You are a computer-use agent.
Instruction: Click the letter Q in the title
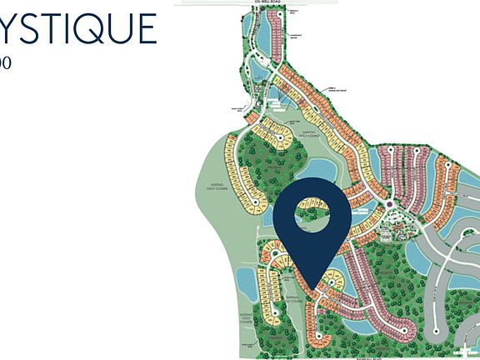(x=93, y=30)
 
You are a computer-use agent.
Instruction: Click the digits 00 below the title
(x=5, y=62)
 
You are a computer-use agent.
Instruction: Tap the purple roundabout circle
(x=390, y=203)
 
